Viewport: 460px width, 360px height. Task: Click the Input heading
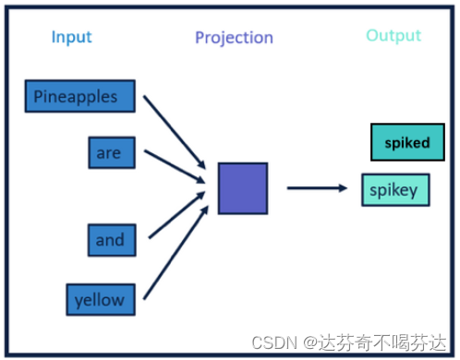[72, 38]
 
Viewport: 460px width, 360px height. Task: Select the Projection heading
[235, 38]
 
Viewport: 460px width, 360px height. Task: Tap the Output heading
[393, 36]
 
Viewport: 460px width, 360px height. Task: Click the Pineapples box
[80, 96]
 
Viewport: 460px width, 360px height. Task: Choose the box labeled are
[112, 152]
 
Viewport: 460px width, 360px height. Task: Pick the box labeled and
[112, 240]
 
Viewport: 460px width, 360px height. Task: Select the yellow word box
[101, 300]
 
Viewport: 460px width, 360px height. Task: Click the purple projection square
[243, 188]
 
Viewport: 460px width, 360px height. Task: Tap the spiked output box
[407, 142]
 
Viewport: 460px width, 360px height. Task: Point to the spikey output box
[395, 190]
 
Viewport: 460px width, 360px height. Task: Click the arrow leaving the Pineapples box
[175, 132]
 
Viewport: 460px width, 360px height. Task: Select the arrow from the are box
[175, 166]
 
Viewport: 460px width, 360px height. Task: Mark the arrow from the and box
[177, 215]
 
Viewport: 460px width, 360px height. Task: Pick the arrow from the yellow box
[176, 253]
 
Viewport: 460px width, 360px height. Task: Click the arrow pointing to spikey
[317, 187]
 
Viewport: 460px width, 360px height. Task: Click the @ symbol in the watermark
[310, 342]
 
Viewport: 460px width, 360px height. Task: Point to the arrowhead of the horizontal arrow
[343, 187]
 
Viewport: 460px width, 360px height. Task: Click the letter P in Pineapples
[38, 96]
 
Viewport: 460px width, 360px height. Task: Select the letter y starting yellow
[79, 302]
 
